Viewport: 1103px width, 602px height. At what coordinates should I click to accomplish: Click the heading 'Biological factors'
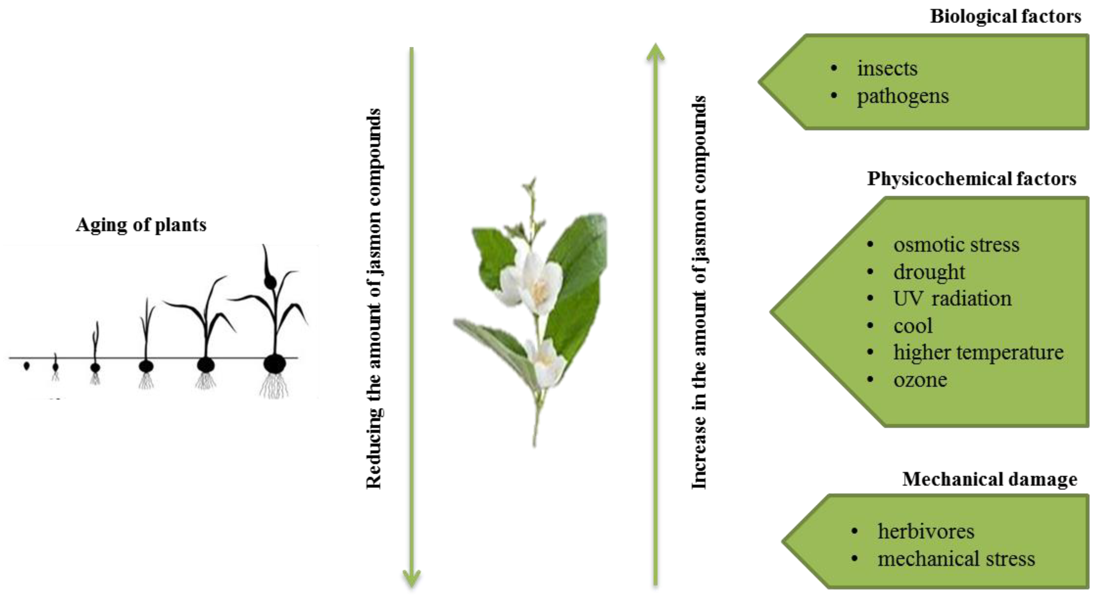(1005, 17)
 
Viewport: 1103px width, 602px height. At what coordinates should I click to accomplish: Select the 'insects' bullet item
(887, 68)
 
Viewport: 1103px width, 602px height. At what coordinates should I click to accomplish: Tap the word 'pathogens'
(903, 96)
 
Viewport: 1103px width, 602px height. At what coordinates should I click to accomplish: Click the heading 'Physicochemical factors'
(971, 179)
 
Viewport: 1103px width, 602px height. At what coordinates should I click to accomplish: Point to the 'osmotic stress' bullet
(956, 245)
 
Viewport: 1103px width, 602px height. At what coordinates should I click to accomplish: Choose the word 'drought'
(929, 272)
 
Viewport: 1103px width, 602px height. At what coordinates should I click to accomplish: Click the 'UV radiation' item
(952, 298)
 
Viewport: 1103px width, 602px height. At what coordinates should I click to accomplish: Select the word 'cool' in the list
(913, 326)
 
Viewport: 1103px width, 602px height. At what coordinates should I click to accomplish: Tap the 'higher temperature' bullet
(978, 352)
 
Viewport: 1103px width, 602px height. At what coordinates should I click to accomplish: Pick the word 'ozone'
(920, 380)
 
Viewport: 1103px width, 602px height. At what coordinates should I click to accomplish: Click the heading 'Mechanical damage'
(989, 479)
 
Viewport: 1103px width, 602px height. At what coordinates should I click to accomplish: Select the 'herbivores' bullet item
(926, 531)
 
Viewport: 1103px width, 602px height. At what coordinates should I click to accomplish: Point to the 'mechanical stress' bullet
(956, 559)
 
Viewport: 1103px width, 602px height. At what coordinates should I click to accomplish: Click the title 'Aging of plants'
(141, 225)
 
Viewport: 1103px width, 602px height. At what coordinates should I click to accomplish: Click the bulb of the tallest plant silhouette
(275, 364)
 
